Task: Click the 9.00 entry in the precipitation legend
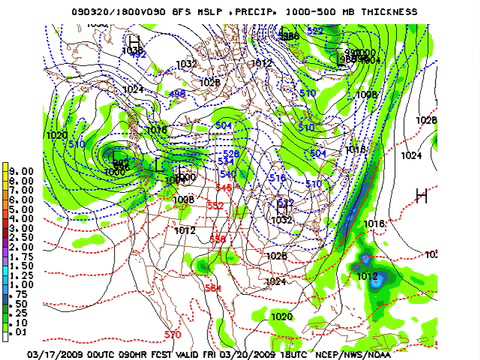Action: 20,170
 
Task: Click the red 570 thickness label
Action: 173,334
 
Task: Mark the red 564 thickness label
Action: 212,289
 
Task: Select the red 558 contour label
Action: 218,238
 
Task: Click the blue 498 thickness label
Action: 177,94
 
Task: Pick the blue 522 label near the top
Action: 315,31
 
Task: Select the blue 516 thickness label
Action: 277,178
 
